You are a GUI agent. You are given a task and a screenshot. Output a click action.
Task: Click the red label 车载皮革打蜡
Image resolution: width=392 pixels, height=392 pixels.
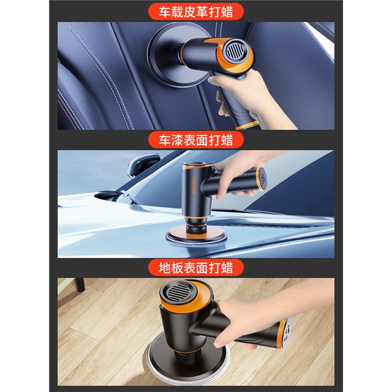click(196, 11)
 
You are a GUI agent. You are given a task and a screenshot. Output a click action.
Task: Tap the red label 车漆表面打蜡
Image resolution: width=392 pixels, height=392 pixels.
click(196, 140)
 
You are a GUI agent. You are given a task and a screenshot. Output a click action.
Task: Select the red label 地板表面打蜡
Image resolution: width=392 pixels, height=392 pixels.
click(196, 268)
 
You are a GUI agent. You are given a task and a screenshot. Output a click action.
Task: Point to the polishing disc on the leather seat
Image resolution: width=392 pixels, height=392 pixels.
click(175, 60)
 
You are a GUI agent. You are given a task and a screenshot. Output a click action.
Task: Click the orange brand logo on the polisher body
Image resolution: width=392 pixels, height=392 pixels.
click(194, 185)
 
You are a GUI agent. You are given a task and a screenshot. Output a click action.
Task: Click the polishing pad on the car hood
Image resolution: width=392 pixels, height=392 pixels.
click(196, 236)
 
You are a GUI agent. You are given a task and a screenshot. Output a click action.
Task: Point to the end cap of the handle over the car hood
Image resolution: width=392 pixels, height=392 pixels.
click(262, 179)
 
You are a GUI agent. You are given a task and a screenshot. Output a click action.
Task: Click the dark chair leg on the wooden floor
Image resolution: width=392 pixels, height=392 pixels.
click(80, 285)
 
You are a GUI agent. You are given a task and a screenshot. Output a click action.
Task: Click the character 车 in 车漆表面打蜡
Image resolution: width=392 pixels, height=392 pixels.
click(165, 140)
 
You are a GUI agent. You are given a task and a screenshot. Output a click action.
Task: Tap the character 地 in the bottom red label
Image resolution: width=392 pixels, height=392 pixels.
click(165, 268)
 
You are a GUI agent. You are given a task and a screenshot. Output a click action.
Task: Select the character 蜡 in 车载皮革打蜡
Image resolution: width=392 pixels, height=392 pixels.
click(227, 12)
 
